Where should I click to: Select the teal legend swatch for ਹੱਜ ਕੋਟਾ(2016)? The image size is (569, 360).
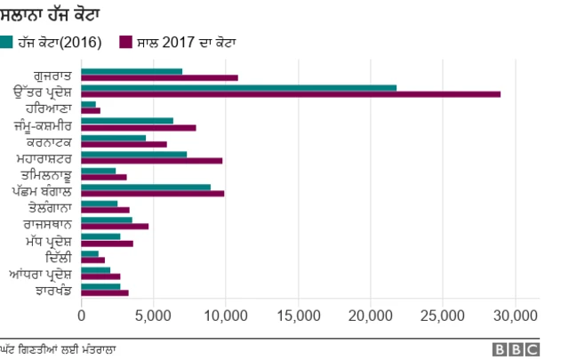(7, 42)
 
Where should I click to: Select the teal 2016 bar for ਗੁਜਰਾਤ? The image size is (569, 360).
(132, 71)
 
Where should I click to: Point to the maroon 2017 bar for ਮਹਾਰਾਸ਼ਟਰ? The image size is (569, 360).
(151, 160)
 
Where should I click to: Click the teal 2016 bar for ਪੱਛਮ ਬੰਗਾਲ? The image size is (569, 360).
(146, 187)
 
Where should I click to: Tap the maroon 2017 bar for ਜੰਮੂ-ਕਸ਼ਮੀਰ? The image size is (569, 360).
(138, 127)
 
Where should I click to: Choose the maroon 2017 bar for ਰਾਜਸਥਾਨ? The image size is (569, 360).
(115, 227)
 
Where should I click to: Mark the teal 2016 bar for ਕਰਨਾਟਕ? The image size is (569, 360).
(113, 138)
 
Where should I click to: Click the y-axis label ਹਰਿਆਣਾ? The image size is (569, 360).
(49, 107)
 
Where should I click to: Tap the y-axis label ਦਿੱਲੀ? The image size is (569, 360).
(59, 257)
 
